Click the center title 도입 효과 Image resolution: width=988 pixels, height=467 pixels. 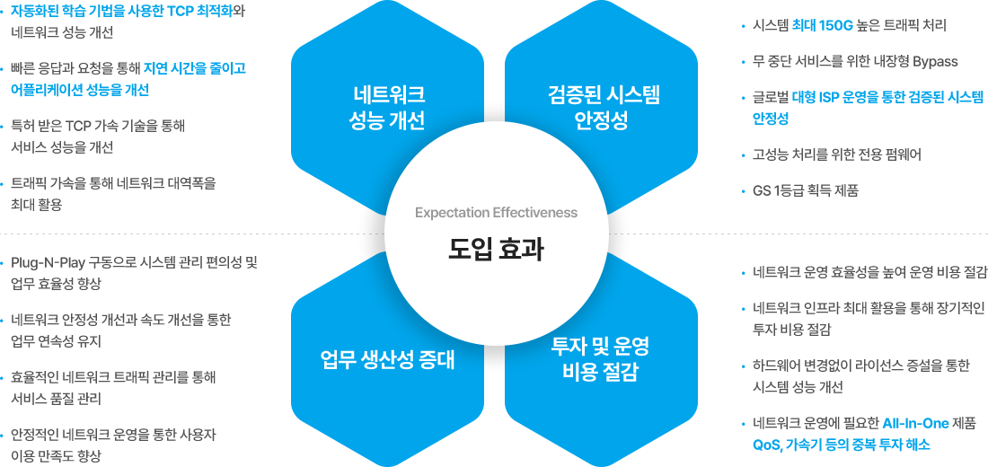(x=496, y=249)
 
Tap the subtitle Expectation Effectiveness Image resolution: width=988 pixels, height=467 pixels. (x=496, y=213)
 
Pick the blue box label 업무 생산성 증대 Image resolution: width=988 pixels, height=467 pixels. (x=388, y=359)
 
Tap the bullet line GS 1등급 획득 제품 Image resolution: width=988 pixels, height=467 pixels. (x=806, y=190)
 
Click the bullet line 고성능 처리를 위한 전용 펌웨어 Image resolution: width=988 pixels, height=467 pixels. (x=836, y=154)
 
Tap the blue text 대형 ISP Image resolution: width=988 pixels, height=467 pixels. (x=816, y=97)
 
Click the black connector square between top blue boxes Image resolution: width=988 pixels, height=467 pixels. (x=495, y=108)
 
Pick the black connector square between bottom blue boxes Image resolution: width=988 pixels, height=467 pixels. (x=495, y=359)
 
